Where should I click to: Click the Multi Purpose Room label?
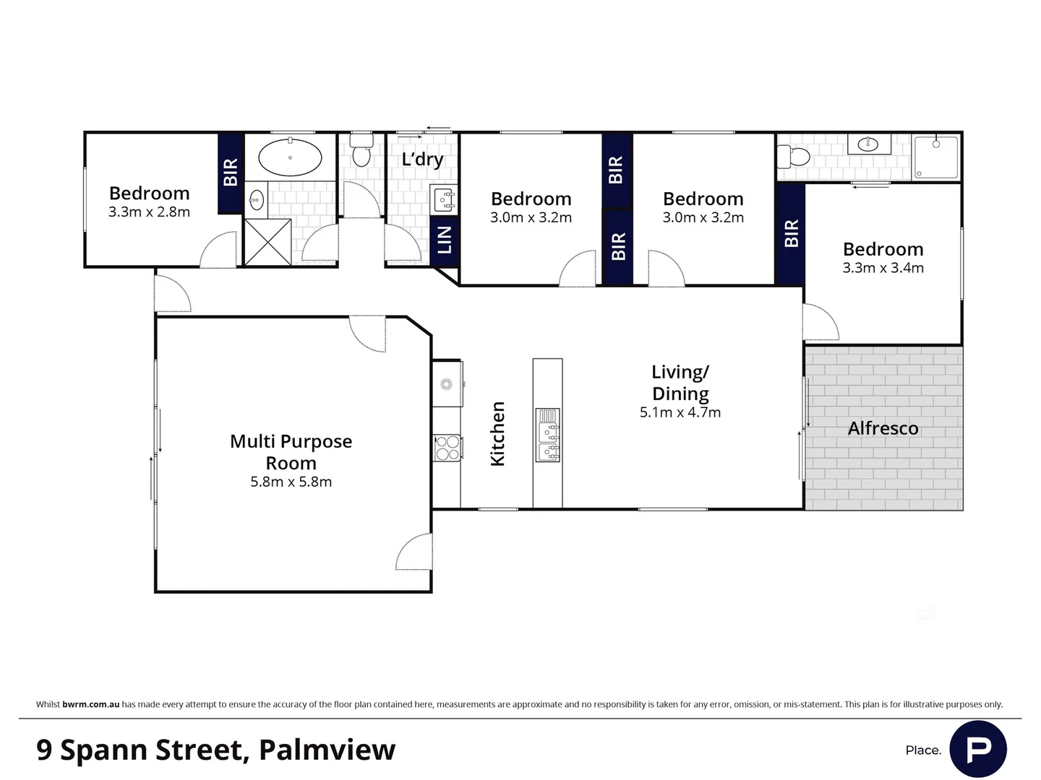pos(291,452)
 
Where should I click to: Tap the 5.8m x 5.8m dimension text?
pos(291,482)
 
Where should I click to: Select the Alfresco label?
pos(883,428)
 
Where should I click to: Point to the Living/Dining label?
pos(680,383)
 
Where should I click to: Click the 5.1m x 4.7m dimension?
pos(680,412)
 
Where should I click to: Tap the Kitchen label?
pos(497,433)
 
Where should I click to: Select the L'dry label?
pos(422,159)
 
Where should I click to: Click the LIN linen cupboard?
pos(445,240)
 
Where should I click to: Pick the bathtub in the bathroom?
pos(290,157)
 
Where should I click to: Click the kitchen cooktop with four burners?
pos(447,447)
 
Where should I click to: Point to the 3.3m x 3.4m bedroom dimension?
pos(883,268)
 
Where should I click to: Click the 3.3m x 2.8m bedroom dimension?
pos(149,212)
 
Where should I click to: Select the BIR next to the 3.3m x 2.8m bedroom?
pos(230,173)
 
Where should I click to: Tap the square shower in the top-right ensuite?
pos(938,157)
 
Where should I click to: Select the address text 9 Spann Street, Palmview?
pos(215,750)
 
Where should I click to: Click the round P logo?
pos(977,749)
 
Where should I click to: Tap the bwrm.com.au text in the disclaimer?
pos(90,704)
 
